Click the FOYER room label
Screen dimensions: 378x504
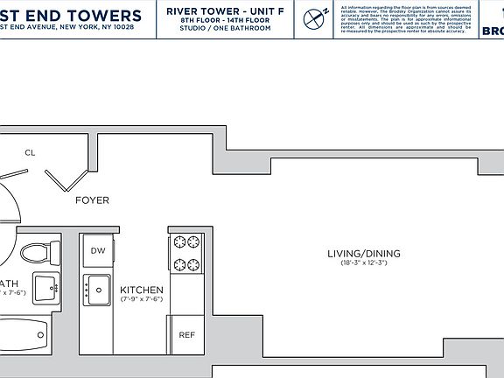(92, 200)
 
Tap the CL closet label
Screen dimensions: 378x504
(30, 152)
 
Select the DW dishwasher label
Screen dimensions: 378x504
(97, 250)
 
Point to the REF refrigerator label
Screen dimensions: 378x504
(186, 335)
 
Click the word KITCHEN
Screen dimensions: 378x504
(142, 290)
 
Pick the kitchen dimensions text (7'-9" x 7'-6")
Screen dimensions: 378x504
(142, 300)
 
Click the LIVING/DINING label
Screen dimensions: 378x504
(363, 254)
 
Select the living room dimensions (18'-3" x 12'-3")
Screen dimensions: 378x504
(363, 263)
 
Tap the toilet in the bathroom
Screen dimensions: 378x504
(36, 253)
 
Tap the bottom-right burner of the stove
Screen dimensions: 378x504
(194, 264)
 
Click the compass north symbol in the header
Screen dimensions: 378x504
(315, 17)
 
